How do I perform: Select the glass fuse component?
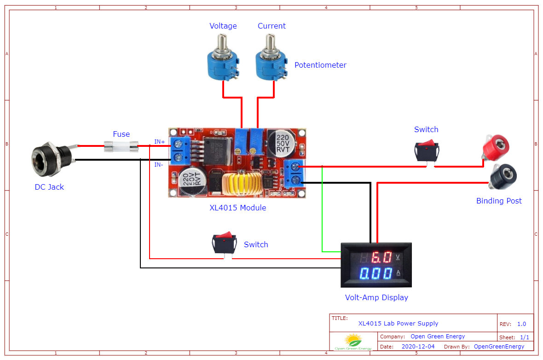point(121,147)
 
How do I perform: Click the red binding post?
point(495,147)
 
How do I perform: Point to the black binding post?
point(503,176)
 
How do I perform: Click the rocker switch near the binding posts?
point(427,151)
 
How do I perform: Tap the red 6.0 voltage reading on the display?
point(381,257)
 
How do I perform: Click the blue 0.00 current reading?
point(376,274)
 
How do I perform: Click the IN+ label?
point(160,142)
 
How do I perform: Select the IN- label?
point(159,164)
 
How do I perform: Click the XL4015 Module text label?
point(237,208)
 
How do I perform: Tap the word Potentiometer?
point(320,65)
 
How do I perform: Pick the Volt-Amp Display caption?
point(376,297)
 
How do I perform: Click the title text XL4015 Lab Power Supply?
point(398,324)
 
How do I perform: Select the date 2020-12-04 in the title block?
point(418,347)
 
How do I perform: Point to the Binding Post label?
point(499,201)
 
